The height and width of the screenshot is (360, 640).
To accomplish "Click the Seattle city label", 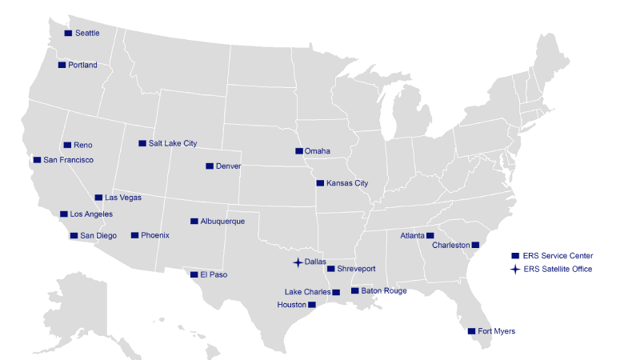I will click(87, 33).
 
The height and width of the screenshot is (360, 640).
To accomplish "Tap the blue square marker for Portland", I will click(62, 65).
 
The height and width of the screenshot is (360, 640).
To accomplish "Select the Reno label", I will click(83, 145).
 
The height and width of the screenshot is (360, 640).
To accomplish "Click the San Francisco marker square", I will click(37, 160).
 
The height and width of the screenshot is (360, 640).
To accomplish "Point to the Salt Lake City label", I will click(173, 143).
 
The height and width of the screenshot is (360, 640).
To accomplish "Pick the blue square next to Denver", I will click(210, 166).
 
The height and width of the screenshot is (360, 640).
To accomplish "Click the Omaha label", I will click(318, 150).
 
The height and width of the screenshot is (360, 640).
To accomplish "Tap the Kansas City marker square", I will click(320, 183).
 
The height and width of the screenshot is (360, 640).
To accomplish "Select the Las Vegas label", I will click(123, 197).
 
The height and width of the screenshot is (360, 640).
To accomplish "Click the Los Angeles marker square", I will click(64, 214).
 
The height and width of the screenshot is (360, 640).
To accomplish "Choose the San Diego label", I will click(98, 235).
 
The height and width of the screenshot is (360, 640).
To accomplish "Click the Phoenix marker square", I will click(134, 235).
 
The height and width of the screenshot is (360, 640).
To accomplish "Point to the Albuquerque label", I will click(222, 221).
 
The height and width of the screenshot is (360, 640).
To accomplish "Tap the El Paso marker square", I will click(194, 274).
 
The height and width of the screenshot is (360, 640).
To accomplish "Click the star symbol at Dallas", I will click(297, 262).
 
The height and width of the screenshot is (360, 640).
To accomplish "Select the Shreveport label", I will click(357, 269).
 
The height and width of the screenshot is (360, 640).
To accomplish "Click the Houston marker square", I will click(312, 305).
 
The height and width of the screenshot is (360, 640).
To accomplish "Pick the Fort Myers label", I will click(497, 330).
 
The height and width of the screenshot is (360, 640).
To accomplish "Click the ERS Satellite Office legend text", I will click(558, 269).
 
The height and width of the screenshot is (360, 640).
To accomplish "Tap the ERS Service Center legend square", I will click(515, 255).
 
